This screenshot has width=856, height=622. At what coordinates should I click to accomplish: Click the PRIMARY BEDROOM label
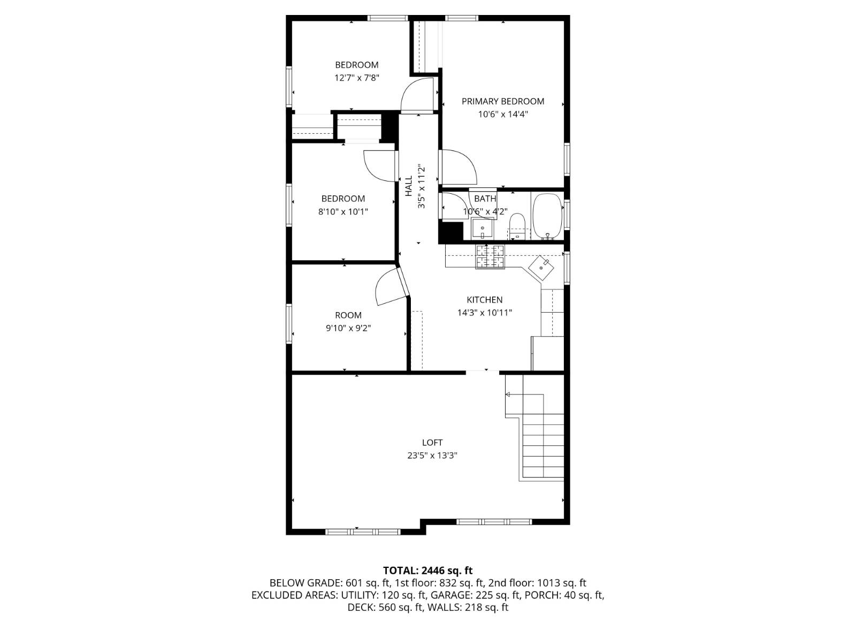coord(502,101)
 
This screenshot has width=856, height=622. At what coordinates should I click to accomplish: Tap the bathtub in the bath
coord(547,216)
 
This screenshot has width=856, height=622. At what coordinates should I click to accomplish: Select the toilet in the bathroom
coord(517,225)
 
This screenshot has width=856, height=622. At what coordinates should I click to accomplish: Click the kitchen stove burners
coord(490,256)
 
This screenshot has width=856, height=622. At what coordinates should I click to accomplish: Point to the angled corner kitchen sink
coord(541,267)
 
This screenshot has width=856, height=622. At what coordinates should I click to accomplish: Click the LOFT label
coord(432,443)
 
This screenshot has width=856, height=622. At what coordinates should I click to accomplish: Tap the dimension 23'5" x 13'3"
coord(432,456)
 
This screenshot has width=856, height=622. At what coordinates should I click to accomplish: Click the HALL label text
coord(409,186)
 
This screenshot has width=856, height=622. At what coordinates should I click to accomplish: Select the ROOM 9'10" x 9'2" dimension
coord(348,328)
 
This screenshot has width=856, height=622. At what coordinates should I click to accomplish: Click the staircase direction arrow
coord(508,395)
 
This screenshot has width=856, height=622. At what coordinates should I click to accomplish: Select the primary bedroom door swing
coord(458,166)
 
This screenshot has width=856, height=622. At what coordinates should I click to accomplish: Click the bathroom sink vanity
coord(483,231)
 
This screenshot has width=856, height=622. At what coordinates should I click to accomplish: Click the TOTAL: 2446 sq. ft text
coord(427,571)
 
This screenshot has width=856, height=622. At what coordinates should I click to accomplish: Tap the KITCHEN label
coord(484,300)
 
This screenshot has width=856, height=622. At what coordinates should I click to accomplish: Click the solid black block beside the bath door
coord(450,232)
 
